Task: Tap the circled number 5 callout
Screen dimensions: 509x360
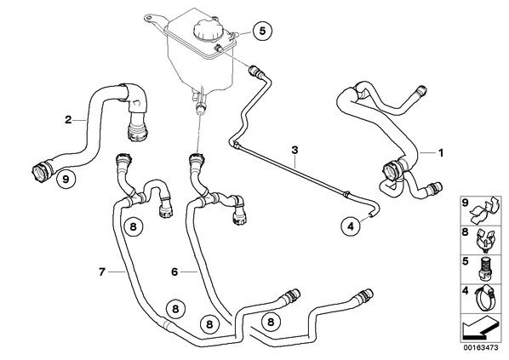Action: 262,31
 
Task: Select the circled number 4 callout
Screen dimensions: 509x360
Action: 351,226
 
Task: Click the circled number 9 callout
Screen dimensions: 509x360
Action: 66,179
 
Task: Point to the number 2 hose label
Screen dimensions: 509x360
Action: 68,120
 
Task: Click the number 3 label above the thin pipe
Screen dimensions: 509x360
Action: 295,151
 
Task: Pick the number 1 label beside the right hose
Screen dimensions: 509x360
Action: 441,152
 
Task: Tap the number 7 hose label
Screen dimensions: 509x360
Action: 102,271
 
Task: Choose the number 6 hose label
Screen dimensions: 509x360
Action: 174,271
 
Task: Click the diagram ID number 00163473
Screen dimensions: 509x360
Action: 481,348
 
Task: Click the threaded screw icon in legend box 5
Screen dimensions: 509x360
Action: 483,269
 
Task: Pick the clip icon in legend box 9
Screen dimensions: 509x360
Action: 484,211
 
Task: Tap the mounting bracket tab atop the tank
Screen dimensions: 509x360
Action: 155,20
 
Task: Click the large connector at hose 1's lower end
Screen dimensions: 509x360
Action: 393,170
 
